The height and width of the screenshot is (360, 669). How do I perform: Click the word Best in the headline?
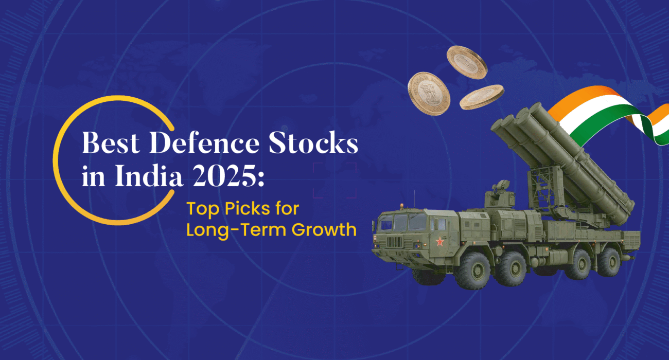pyautogui.click(x=111, y=142)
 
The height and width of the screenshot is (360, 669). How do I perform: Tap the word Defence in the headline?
pyautogui.click(x=204, y=142)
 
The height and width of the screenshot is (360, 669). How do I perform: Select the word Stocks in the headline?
pyautogui.click(x=313, y=142)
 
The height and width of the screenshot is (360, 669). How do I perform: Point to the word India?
pyautogui.click(x=148, y=175)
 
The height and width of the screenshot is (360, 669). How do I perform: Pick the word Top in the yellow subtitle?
pyautogui.click(x=203, y=209)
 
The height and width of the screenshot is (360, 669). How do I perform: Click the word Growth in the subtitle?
pyautogui.click(x=324, y=230)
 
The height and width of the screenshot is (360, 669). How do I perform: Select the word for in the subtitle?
pyautogui.click(x=287, y=208)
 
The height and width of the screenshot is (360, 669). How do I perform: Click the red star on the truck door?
pyautogui.click(x=439, y=242)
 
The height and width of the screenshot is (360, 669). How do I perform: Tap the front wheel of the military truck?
pyautogui.click(x=473, y=271)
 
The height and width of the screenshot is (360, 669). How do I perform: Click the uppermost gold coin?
pyautogui.click(x=467, y=62)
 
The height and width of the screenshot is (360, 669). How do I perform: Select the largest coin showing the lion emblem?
pyautogui.click(x=429, y=94)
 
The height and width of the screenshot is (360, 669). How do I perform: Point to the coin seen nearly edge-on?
pyautogui.click(x=482, y=97)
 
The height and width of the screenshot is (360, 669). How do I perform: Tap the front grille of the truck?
pyautogui.click(x=394, y=242)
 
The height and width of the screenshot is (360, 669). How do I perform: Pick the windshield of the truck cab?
pyautogui.click(x=401, y=222)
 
